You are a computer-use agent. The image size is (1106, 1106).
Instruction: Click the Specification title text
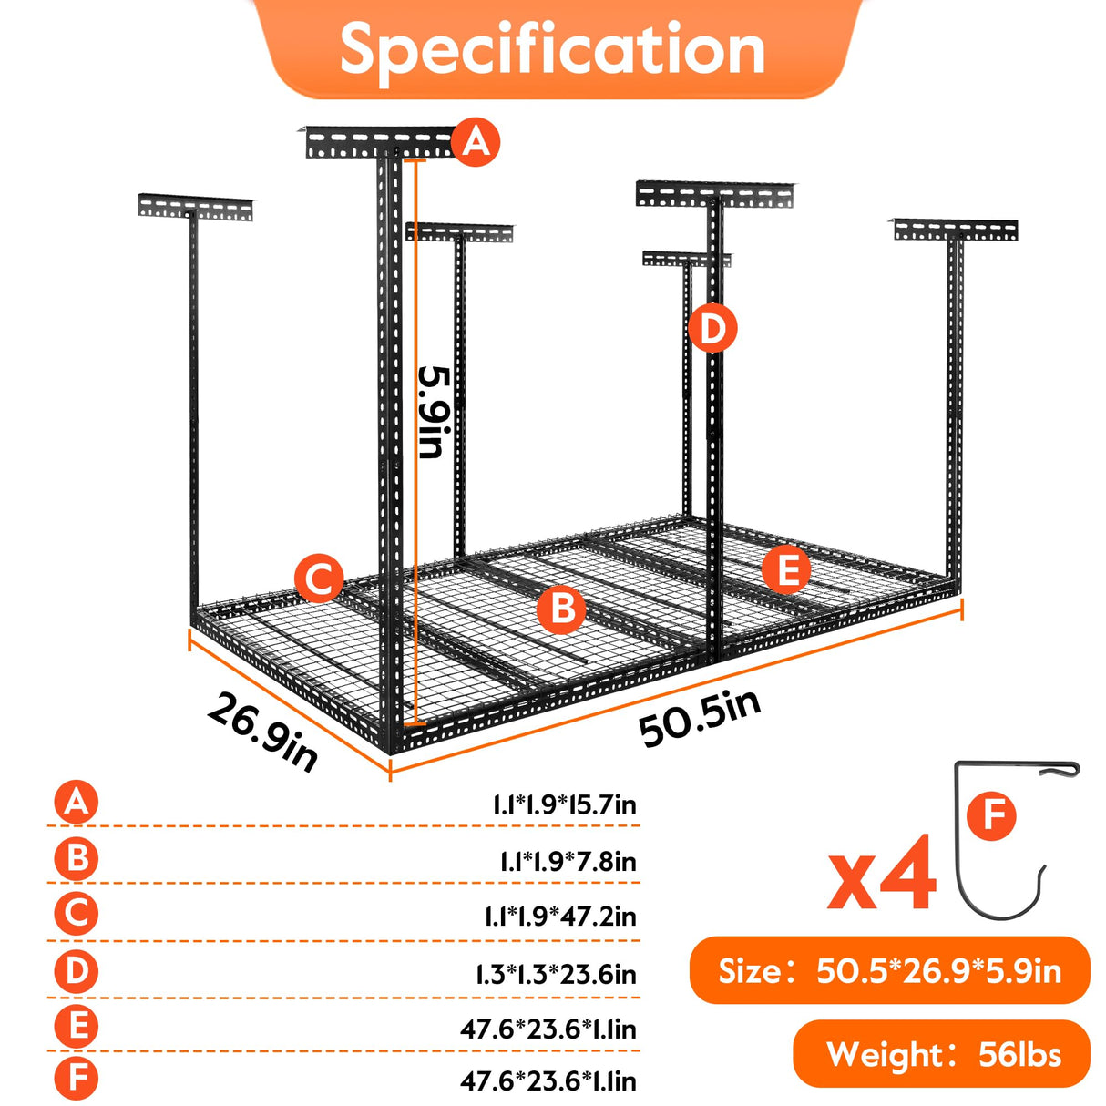click(x=552, y=49)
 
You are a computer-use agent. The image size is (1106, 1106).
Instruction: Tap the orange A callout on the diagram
click(x=476, y=142)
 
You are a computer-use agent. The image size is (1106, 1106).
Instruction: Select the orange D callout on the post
click(x=712, y=329)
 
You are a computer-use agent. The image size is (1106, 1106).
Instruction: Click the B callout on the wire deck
click(x=561, y=608)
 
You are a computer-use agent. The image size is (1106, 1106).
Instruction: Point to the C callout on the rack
click(x=319, y=579)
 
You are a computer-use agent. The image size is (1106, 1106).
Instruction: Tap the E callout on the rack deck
click(x=785, y=570)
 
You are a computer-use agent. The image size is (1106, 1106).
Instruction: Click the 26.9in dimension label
click(x=262, y=732)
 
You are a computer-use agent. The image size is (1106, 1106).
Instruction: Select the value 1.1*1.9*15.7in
click(x=564, y=805)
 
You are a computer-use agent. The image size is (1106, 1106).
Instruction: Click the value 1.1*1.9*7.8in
click(x=568, y=861)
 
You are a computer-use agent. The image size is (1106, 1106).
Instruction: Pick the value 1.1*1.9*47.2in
click(x=559, y=917)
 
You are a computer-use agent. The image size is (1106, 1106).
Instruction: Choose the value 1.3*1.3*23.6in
click(x=556, y=975)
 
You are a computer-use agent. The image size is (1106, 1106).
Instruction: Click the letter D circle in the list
click(x=77, y=971)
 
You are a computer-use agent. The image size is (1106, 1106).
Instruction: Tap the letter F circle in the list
click(x=77, y=1080)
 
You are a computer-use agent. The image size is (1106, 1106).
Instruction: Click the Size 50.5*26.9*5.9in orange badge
click(x=889, y=971)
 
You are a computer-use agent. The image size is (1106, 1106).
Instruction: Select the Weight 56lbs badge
click(x=942, y=1054)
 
